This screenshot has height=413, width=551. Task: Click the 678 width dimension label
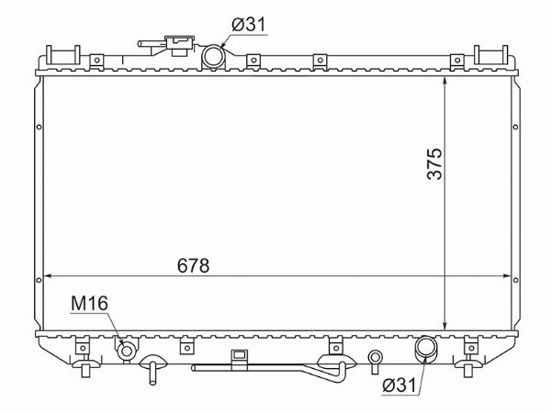point(193,265)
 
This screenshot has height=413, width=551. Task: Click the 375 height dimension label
point(434,163)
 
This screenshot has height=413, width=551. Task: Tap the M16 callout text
point(89,304)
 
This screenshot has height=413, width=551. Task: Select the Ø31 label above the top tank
point(249,25)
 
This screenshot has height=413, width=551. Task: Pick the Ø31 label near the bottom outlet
point(399,385)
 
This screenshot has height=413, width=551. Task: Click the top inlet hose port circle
point(213,57)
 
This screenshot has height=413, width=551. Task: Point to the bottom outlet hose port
point(425,348)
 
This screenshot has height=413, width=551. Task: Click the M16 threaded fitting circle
point(127,351)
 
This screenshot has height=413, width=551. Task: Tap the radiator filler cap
point(180,45)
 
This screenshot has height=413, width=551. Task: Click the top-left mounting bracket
point(63,55)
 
